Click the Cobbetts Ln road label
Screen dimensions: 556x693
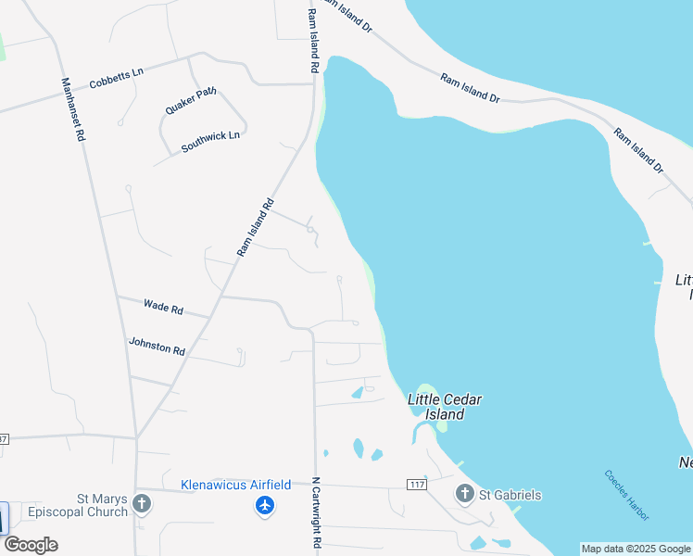click(117, 77)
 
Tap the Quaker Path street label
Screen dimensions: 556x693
click(191, 100)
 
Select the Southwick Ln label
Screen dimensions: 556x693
click(210, 142)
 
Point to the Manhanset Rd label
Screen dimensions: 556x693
click(73, 107)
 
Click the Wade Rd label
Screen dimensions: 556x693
click(163, 306)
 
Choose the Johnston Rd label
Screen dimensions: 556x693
click(157, 347)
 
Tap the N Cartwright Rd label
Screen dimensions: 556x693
click(315, 514)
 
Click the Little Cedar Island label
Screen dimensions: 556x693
click(445, 407)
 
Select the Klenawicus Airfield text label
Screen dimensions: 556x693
click(235, 485)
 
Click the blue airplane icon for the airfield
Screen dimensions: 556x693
click(265, 505)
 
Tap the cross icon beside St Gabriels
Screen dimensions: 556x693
click(464, 494)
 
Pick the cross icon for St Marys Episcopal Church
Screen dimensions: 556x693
click(142, 504)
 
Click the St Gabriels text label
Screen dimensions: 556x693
click(510, 495)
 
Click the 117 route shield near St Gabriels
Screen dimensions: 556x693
click(416, 485)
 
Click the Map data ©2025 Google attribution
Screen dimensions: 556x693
click(636, 549)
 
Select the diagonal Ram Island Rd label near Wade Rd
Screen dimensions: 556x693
click(257, 227)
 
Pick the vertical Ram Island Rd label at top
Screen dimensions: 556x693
click(313, 42)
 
